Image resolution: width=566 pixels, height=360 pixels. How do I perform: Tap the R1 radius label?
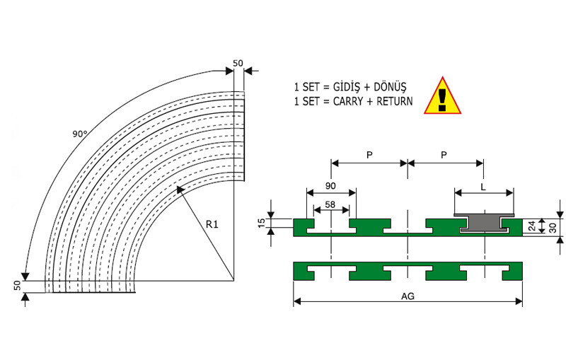coord(212,224)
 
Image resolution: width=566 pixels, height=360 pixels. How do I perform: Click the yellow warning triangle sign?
coord(443,96)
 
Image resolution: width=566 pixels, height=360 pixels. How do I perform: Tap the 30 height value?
coord(551,226)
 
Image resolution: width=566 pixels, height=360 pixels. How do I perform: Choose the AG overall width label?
coord(408,296)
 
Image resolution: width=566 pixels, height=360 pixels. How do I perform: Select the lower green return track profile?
coord(408,271)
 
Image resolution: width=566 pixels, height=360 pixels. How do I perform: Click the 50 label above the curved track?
coord(238,64)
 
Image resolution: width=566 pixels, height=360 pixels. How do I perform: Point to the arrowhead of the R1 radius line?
coord(179,187)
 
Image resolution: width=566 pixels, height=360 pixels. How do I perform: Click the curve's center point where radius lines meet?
coord(234,281)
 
